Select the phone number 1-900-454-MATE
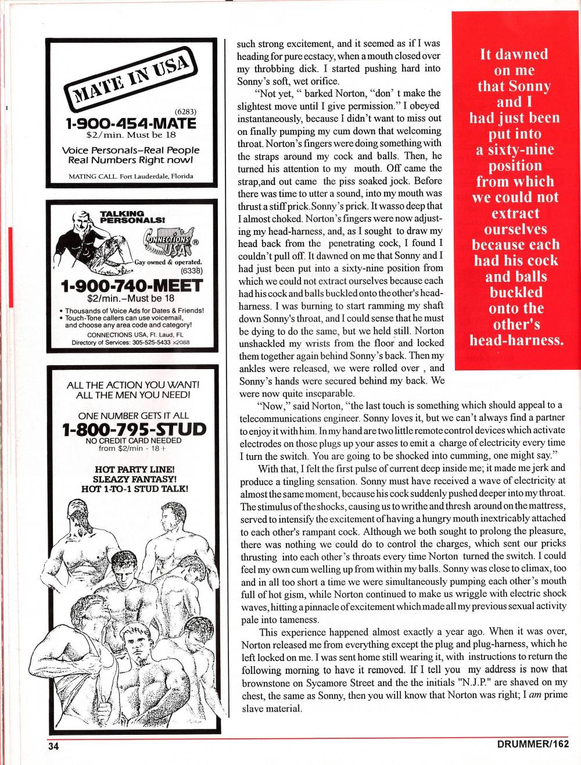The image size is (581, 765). (x=131, y=123)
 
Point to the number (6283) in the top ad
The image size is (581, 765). (x=185, y=112)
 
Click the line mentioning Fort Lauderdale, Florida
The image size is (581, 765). (x=131, y=176)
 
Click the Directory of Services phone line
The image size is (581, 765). (x=131, y=342)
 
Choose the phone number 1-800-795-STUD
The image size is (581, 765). (x=134, y=429)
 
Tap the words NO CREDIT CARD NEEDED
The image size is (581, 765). (x=133, y=441)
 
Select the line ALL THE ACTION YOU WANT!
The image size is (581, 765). (x=133, y=385)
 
